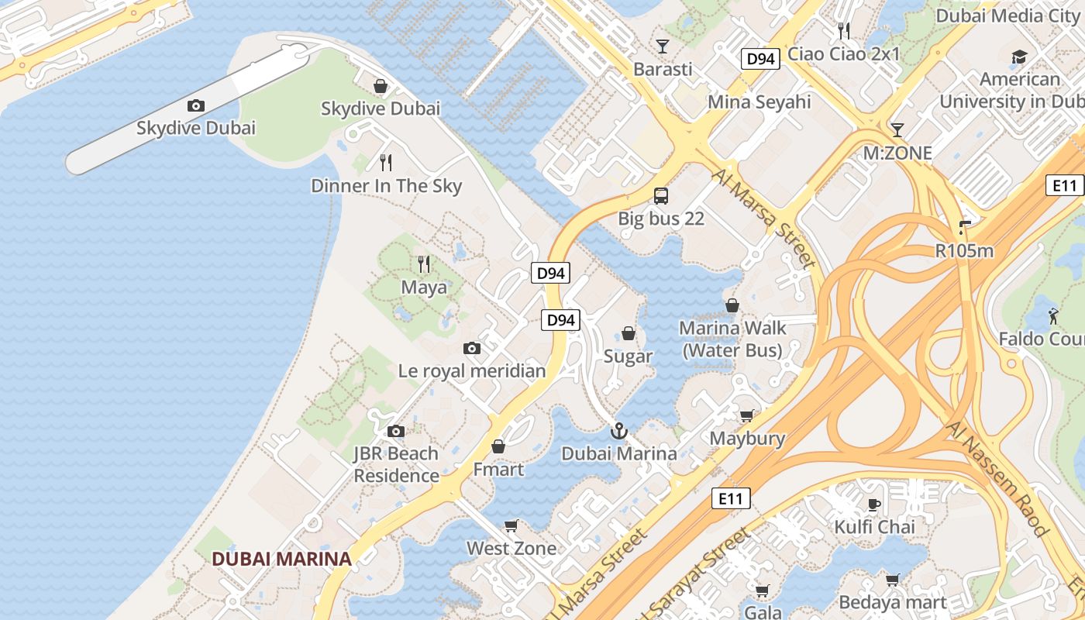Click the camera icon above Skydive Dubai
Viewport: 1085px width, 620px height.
tap(196, 105)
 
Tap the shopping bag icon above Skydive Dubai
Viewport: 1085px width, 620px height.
tap(381, 85)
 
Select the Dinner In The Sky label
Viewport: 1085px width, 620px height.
tap(386, 186)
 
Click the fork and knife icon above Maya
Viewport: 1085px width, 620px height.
tap(424, 264)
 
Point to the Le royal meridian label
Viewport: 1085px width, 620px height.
tap(472, 371)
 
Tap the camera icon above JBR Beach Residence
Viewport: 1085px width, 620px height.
tap(396, 431)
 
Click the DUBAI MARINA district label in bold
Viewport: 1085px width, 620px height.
tap(281, 559)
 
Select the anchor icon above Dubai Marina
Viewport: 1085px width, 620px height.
tap(618, 431)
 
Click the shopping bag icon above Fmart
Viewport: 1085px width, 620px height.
tap(498, 447)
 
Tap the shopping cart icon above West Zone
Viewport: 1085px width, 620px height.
tap(511, 526)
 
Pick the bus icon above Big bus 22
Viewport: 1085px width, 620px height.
tap(661, 196)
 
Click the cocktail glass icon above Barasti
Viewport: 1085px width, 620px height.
tap(663, 46)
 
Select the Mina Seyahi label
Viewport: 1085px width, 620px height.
tap(759, 102)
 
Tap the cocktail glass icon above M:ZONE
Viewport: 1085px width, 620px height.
tap(897, 129)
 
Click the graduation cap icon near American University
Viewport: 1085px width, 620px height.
tap(1019, 57)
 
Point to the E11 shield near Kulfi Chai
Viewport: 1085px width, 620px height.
tap(731, 498)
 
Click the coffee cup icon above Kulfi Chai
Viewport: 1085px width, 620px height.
tap(874, 505)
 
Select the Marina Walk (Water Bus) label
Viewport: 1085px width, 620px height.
tap(732, 339)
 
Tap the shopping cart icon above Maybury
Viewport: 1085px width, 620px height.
tap(746, 416)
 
